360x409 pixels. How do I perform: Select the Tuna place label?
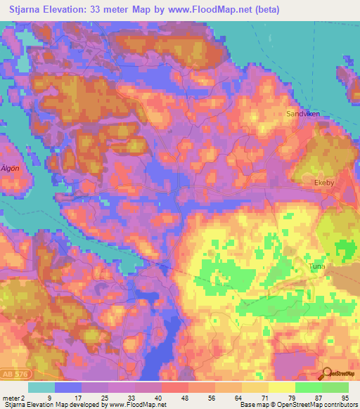click(317, 266)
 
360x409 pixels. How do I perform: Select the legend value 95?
click(344, 397)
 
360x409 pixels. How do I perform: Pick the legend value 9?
click(50, 397)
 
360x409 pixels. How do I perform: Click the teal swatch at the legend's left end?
click(41, 387)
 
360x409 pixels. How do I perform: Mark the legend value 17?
click(77, 397)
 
